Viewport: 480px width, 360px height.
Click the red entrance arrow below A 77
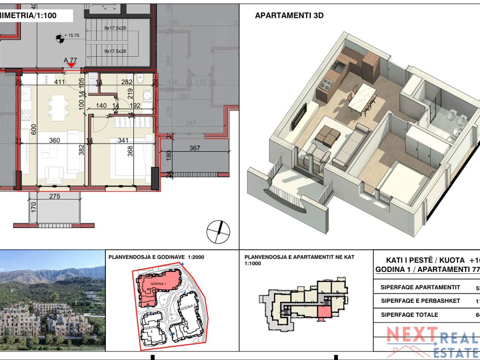tap(70, 66)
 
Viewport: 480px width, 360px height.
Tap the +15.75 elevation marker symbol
tap(60, 38)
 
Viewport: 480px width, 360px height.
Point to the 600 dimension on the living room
tap(33, 130)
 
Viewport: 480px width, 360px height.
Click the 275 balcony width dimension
tap(55, 197)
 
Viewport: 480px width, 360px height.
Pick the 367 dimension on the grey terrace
tap(195, 149)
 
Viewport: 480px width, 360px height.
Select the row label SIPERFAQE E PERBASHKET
tap(414, 301)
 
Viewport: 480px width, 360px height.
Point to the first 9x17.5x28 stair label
tap(114, 28)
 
